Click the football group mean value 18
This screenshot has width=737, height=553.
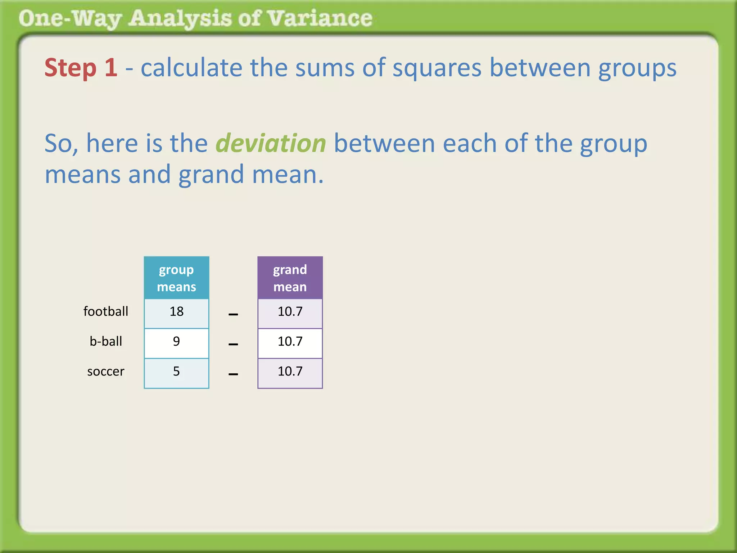pyautogui.click(x=176, y=311)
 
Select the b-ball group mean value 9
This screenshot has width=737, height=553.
pyautogui.click(x=176, y=341)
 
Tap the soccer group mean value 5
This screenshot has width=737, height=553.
pyautogui.click(x=176, y=371)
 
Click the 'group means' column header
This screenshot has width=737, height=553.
pyautogui.click(x=176, y=278)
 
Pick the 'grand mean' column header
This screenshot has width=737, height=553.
pyautogui.click(x=290, y=278)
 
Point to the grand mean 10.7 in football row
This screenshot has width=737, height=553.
pyautogui.click(x=290, y=311)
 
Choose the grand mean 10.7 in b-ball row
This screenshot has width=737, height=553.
pyautogui.click(x=290, y=341)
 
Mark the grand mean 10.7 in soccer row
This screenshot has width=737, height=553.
pyautogui.click(x=290, y=371)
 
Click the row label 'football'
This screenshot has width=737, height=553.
pyautogui.click(x=106, y=311)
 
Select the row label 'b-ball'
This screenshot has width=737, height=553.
pyautogui.click(x=106, y=341)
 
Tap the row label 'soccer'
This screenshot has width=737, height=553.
pyautogui.click(x=106, y=371)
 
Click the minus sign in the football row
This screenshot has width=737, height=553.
pyautogui.click(x=233, y=314)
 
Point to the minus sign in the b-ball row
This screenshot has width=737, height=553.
pyautogui.click(x=233, y=344)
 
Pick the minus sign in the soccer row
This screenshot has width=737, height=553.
pyautogui.click(x=233, y=374)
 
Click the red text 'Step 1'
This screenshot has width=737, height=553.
pyautogui.click(x=81, y=68)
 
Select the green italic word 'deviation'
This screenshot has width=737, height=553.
pyautogui.click(x=271, y=143)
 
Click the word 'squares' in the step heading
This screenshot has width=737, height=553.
pyautogui.click(x=437, y=68)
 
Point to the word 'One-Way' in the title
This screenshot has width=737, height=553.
pyautogui.click(x=71, y=19)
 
